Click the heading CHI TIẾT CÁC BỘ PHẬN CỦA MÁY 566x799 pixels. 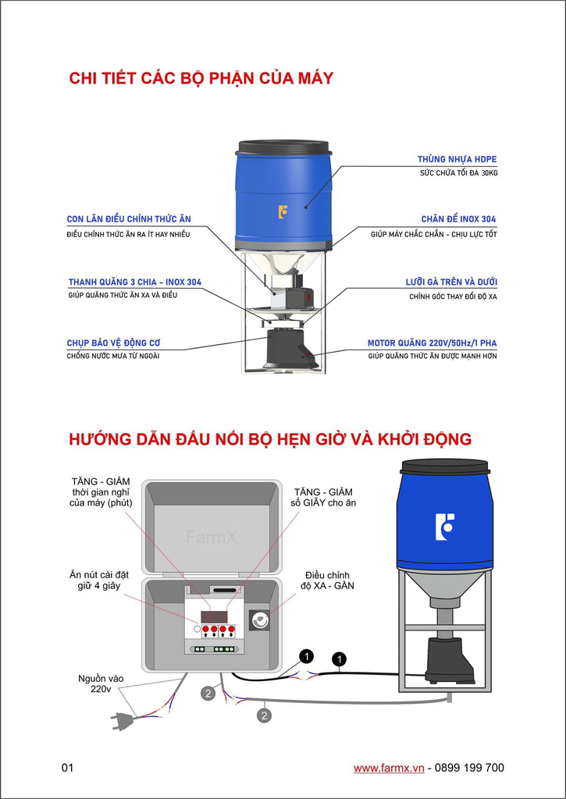coord(201,78)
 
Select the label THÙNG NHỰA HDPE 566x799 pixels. coord(457,159)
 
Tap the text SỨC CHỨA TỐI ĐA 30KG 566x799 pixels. coord(458,172)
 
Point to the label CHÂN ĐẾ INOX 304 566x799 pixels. coord(458,220)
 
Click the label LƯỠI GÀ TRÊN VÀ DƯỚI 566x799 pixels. coord(451,282)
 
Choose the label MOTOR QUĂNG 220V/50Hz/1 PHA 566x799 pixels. coord(432,343)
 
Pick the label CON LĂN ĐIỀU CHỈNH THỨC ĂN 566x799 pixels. coord(129,219)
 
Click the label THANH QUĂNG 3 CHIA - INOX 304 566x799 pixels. coord(135,282)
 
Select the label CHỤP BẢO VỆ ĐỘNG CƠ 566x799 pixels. coord(114,343)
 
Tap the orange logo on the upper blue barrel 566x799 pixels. coord(283,211)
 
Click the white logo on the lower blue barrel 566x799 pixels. coord(444,527)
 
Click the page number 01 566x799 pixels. coord(67,768)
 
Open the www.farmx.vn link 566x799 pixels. coord(389,768)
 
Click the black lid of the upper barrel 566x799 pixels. coord(283,147)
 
